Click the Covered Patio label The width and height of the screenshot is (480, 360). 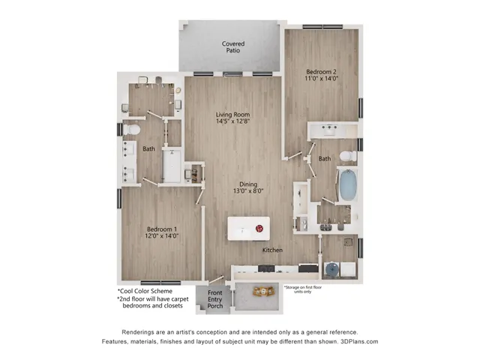(x=232, y=49)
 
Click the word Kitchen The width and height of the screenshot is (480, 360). (x=272, y=250)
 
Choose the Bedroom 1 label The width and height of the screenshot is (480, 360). (x=161, y=232)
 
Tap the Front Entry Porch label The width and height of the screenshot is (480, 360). (x=215, y=298)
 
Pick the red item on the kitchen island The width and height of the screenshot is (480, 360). (x=259, y=228)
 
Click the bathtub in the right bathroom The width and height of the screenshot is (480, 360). (x=346, y=184)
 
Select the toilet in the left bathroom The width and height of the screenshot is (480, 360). (x=130, y=130)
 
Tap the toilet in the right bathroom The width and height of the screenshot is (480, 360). (x=346, y=155)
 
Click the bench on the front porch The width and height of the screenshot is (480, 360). (x=263, y=292)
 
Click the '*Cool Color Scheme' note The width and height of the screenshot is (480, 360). (x=145, y=291)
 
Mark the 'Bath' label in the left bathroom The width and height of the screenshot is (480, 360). (x=149, y=149)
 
